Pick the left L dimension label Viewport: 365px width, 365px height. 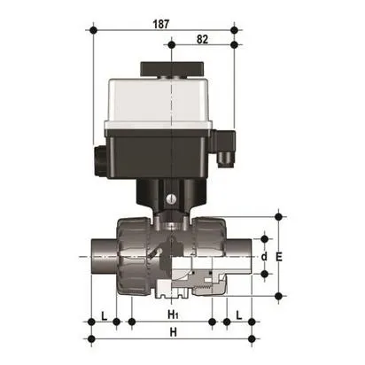point(105,315)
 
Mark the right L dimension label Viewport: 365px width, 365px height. point(240,315)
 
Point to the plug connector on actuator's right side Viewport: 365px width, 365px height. point(228,145)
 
